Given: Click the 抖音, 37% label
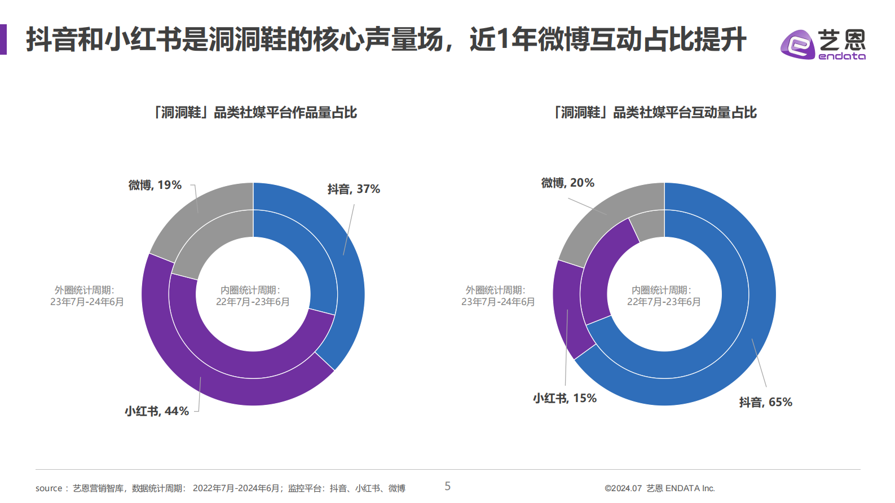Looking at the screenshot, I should tap(354, 189).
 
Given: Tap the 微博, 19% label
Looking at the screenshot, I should tap(155, 185).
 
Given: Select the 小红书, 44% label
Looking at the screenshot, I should tap(156, 412).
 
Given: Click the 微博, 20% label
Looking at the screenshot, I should tap(567, 183).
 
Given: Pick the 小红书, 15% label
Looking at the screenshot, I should tap(565, 399).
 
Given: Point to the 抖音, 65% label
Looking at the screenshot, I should tap(765, 403).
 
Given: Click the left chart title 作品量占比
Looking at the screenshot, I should tap(255, 113).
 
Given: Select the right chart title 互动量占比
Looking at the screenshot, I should tap(655, 113).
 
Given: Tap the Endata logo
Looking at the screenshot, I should tap(823, 44).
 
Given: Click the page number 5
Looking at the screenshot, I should tap(448, 486).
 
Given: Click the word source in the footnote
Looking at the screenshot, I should tap(49, 488).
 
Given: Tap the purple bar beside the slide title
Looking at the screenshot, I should tap(3, 39).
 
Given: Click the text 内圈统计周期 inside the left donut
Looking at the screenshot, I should tap(249, 290).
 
